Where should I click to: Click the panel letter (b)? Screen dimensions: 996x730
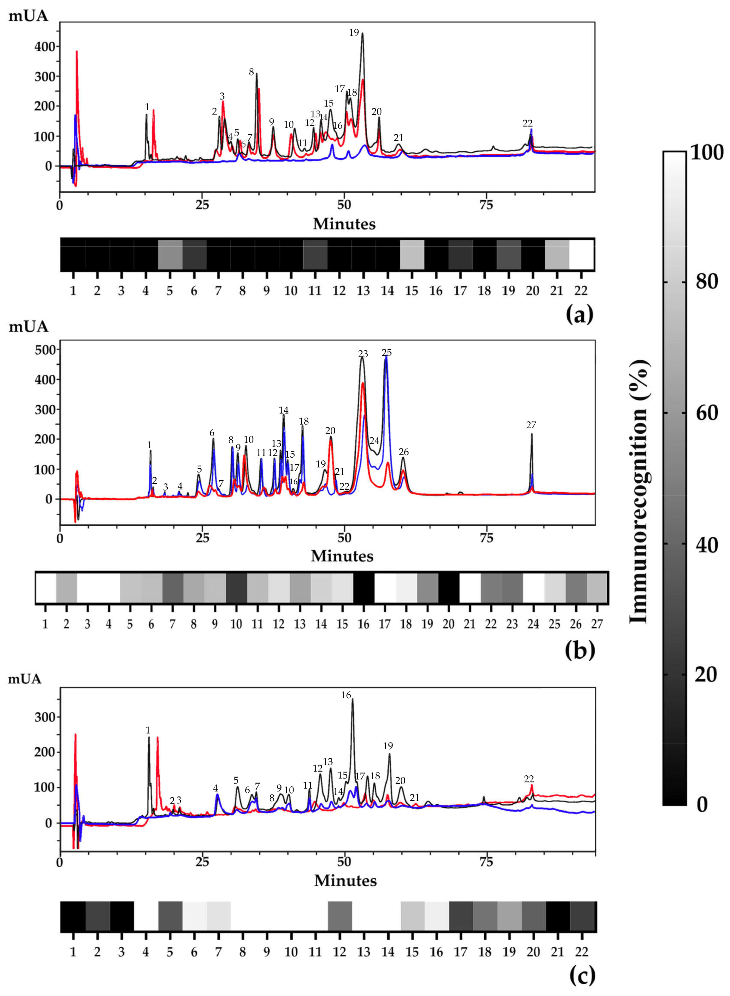pos(579,649)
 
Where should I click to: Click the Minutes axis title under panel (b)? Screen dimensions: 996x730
pos(342,556)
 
